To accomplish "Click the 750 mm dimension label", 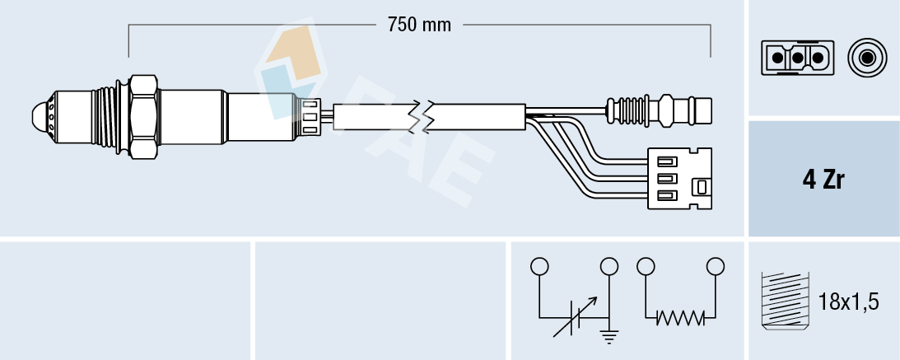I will pos(420,25).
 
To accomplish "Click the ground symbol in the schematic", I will pos(610,334).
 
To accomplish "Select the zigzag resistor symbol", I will pos(680,316).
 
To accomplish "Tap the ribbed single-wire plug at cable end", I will pos(659,109).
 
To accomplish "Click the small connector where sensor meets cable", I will pos(310,115).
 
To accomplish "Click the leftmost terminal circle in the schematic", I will pos(539,266).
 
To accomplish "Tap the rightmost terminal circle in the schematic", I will pos(716,266).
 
